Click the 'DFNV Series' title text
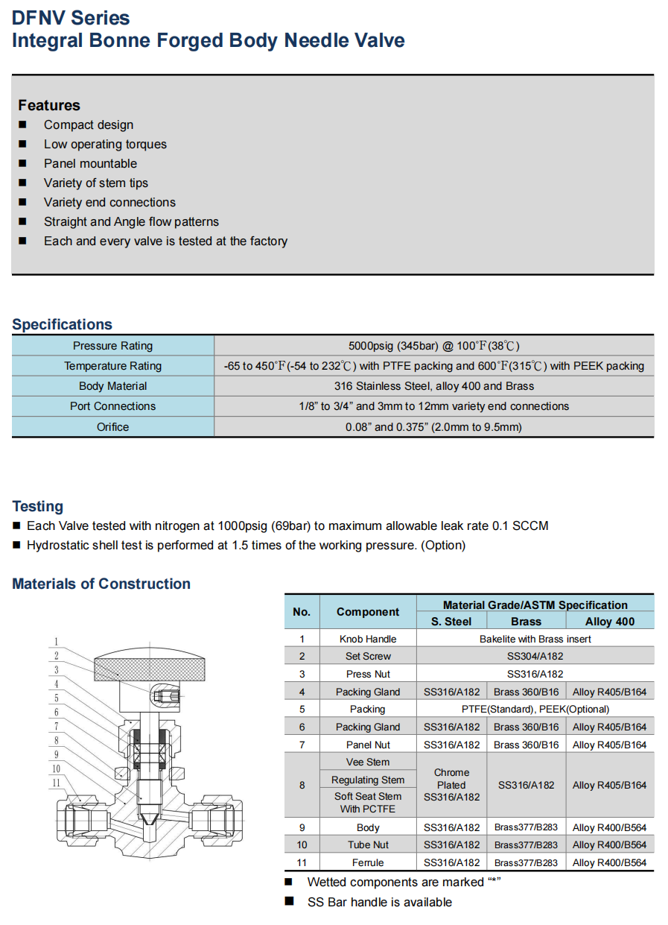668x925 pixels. click(x=71, y=18)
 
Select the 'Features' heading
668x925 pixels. click(x=49, y=105)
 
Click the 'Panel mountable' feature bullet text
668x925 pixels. click(x=90, y=163)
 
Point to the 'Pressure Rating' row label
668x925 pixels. click(x=112, y=346)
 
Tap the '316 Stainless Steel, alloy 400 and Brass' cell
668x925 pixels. click(x=433, y=386)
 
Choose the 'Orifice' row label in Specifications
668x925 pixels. click(x=112, y=427)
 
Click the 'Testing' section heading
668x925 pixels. click(x=38, y=506)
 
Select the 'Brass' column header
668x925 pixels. click(x=526, y=622)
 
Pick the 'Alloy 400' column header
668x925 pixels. click(x=609, y=622)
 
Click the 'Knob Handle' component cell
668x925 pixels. click(x=368, y=639)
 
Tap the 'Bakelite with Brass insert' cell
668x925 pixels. click(x=535, y=639)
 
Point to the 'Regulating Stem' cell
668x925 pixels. click(x=368, y=780)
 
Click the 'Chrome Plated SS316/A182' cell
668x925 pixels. click(x=451, y=785)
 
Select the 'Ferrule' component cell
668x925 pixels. click(x=368, y=862)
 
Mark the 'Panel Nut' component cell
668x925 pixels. click(x=368, y=745)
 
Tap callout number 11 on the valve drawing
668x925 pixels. click(x=56, y=783)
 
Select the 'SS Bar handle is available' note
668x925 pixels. click(x=379, y=902)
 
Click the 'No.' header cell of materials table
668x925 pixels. click(x=302, y=612)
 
